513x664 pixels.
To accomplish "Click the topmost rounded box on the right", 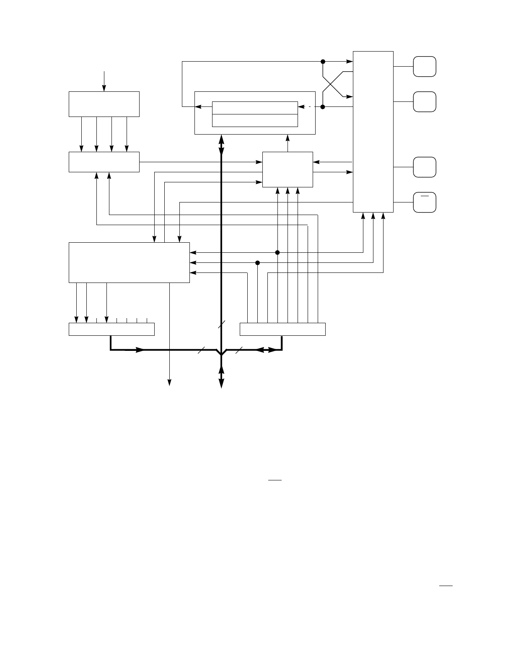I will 425,66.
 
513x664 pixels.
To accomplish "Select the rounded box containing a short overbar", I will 425,202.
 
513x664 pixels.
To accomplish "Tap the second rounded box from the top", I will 425,101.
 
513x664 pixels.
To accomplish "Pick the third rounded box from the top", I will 425,167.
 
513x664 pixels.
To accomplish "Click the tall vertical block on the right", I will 373,132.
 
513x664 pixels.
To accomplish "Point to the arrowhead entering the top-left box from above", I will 104,88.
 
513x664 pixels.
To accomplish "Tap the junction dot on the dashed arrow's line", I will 323,107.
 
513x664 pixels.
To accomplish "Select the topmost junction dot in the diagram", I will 323,61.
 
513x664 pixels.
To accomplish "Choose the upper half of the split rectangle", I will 255,108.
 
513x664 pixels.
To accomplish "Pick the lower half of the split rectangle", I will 255,120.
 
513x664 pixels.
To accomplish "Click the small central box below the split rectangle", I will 288,169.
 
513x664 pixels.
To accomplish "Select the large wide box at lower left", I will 129,262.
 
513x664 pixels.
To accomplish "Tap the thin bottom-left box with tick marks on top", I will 111,329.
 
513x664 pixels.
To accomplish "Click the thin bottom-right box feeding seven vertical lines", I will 282,329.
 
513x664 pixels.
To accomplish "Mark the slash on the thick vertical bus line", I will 221,324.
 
